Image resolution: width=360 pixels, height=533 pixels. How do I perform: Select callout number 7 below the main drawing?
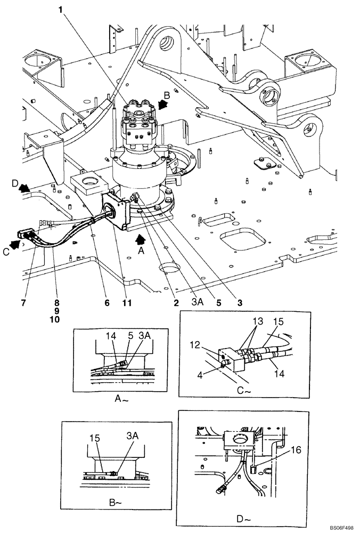(x=23, y=303)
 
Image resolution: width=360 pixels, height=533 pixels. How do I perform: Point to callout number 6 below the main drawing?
(x=107, y=303)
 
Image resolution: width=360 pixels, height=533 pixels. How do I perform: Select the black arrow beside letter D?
(x=23, y=188)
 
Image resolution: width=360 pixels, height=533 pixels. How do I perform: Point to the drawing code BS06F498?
(x=337, y=527)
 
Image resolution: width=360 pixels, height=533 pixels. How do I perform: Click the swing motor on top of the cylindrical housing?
(x=138, y=123)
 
